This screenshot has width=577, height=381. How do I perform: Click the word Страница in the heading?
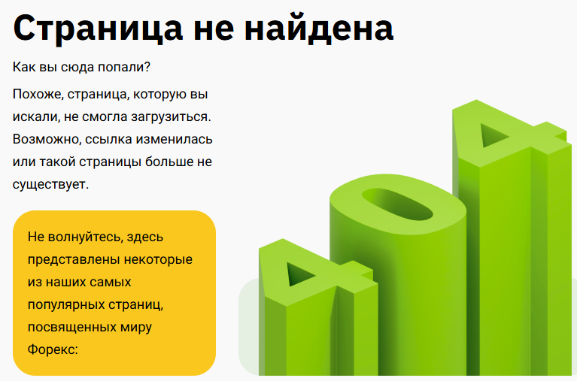[x=98, y=29]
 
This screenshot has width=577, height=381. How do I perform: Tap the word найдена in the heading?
[x=319, y=28]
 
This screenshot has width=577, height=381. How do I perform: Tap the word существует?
[x=51, y=184]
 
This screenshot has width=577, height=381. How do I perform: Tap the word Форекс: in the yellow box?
[x=53, y=349]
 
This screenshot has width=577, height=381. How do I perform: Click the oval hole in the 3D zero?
[x=397, y=204]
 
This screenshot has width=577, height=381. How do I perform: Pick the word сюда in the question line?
[x=72, y=68]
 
